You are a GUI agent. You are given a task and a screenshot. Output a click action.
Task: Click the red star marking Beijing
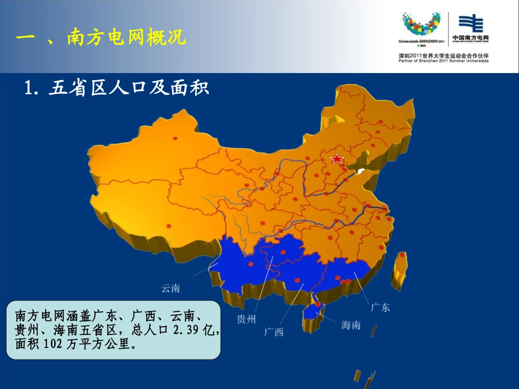pos(337,159)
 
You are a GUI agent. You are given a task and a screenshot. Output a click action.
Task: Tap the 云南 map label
pos(170,288)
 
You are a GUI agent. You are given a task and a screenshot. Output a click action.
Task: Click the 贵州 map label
pos(246,319)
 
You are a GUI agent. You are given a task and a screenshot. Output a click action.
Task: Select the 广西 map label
pos(274,332)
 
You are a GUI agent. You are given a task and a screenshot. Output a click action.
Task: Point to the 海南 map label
pos(351,325)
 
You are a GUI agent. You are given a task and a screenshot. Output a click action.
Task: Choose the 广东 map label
pos(381,307)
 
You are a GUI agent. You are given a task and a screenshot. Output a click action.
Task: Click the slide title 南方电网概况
pos(126,37)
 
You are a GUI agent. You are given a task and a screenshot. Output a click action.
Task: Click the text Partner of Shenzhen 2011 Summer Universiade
pos(443,61)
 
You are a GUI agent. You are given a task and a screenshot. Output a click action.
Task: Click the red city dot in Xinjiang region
pos(175,138)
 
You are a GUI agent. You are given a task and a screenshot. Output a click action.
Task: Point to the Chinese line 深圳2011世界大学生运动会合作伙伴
pos(443,55)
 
